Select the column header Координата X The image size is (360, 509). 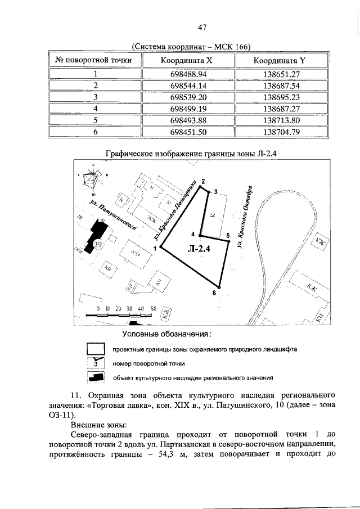(x=187, y=60)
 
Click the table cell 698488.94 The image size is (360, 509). (x=188, y=74)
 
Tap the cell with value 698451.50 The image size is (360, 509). (x=188, y=132)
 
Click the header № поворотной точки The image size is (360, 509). (x=94, y=60)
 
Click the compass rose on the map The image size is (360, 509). (x=92, y=177)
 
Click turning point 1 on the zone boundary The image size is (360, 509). (x=161, y=247)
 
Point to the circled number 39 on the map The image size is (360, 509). (x=98, y=245)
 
